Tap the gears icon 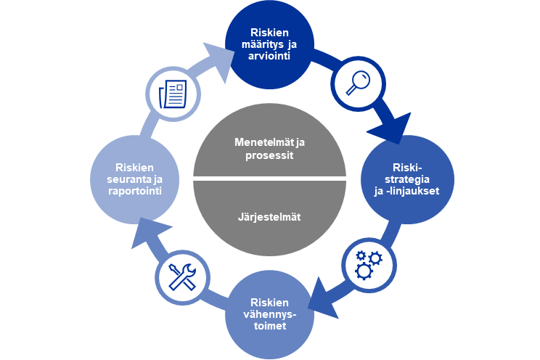(368, 263)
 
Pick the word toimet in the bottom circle (270, 326)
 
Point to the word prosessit (269, 155)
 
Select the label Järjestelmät (269, 216)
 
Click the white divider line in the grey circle (269, 179)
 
